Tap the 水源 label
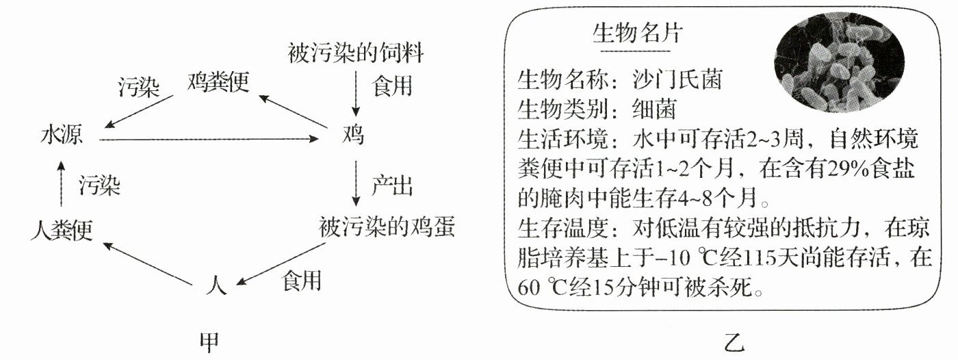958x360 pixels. tap(62, 136)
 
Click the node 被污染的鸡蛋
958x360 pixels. tap(387, 227)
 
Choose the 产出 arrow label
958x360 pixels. tap(392, 185)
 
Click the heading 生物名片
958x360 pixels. tap(636, 34)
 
